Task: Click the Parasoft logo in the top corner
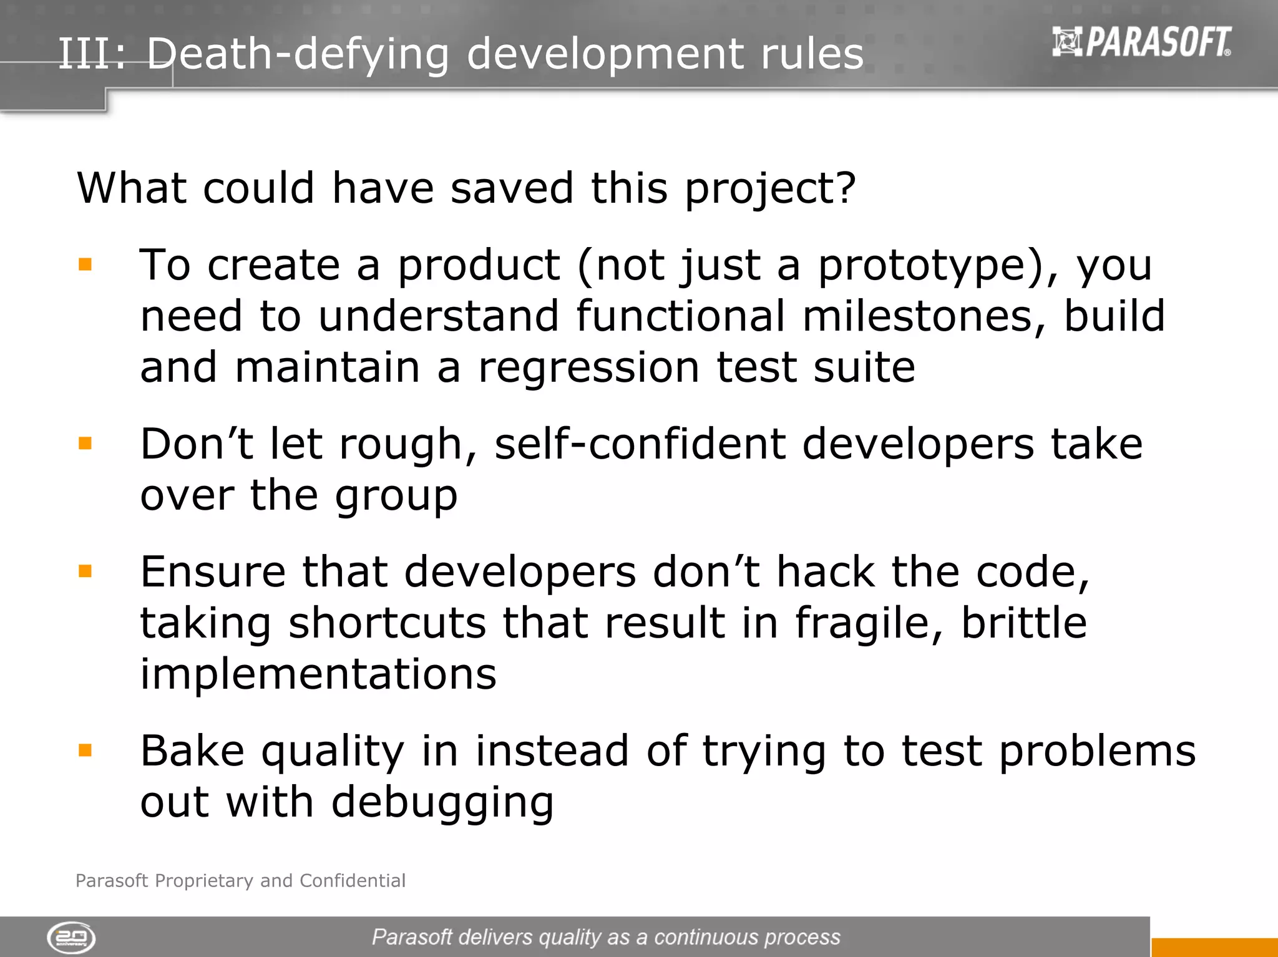[x=1141, y=42]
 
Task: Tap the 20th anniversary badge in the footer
[x=71, y=938]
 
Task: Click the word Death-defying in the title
[x=298, y=54]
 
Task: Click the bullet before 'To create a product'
[x=85, y=265]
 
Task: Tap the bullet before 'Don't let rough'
[x=85, y=444]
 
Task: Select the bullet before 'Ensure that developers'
[x=85, y=571]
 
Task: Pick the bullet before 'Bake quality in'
[x=85, y=750]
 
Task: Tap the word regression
[x=588, y=368]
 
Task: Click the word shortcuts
[x=387, y=623]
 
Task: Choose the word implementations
[x=318, y=674]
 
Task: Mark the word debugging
[x=442, y=804]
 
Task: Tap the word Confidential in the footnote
[x=353, y=880]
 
